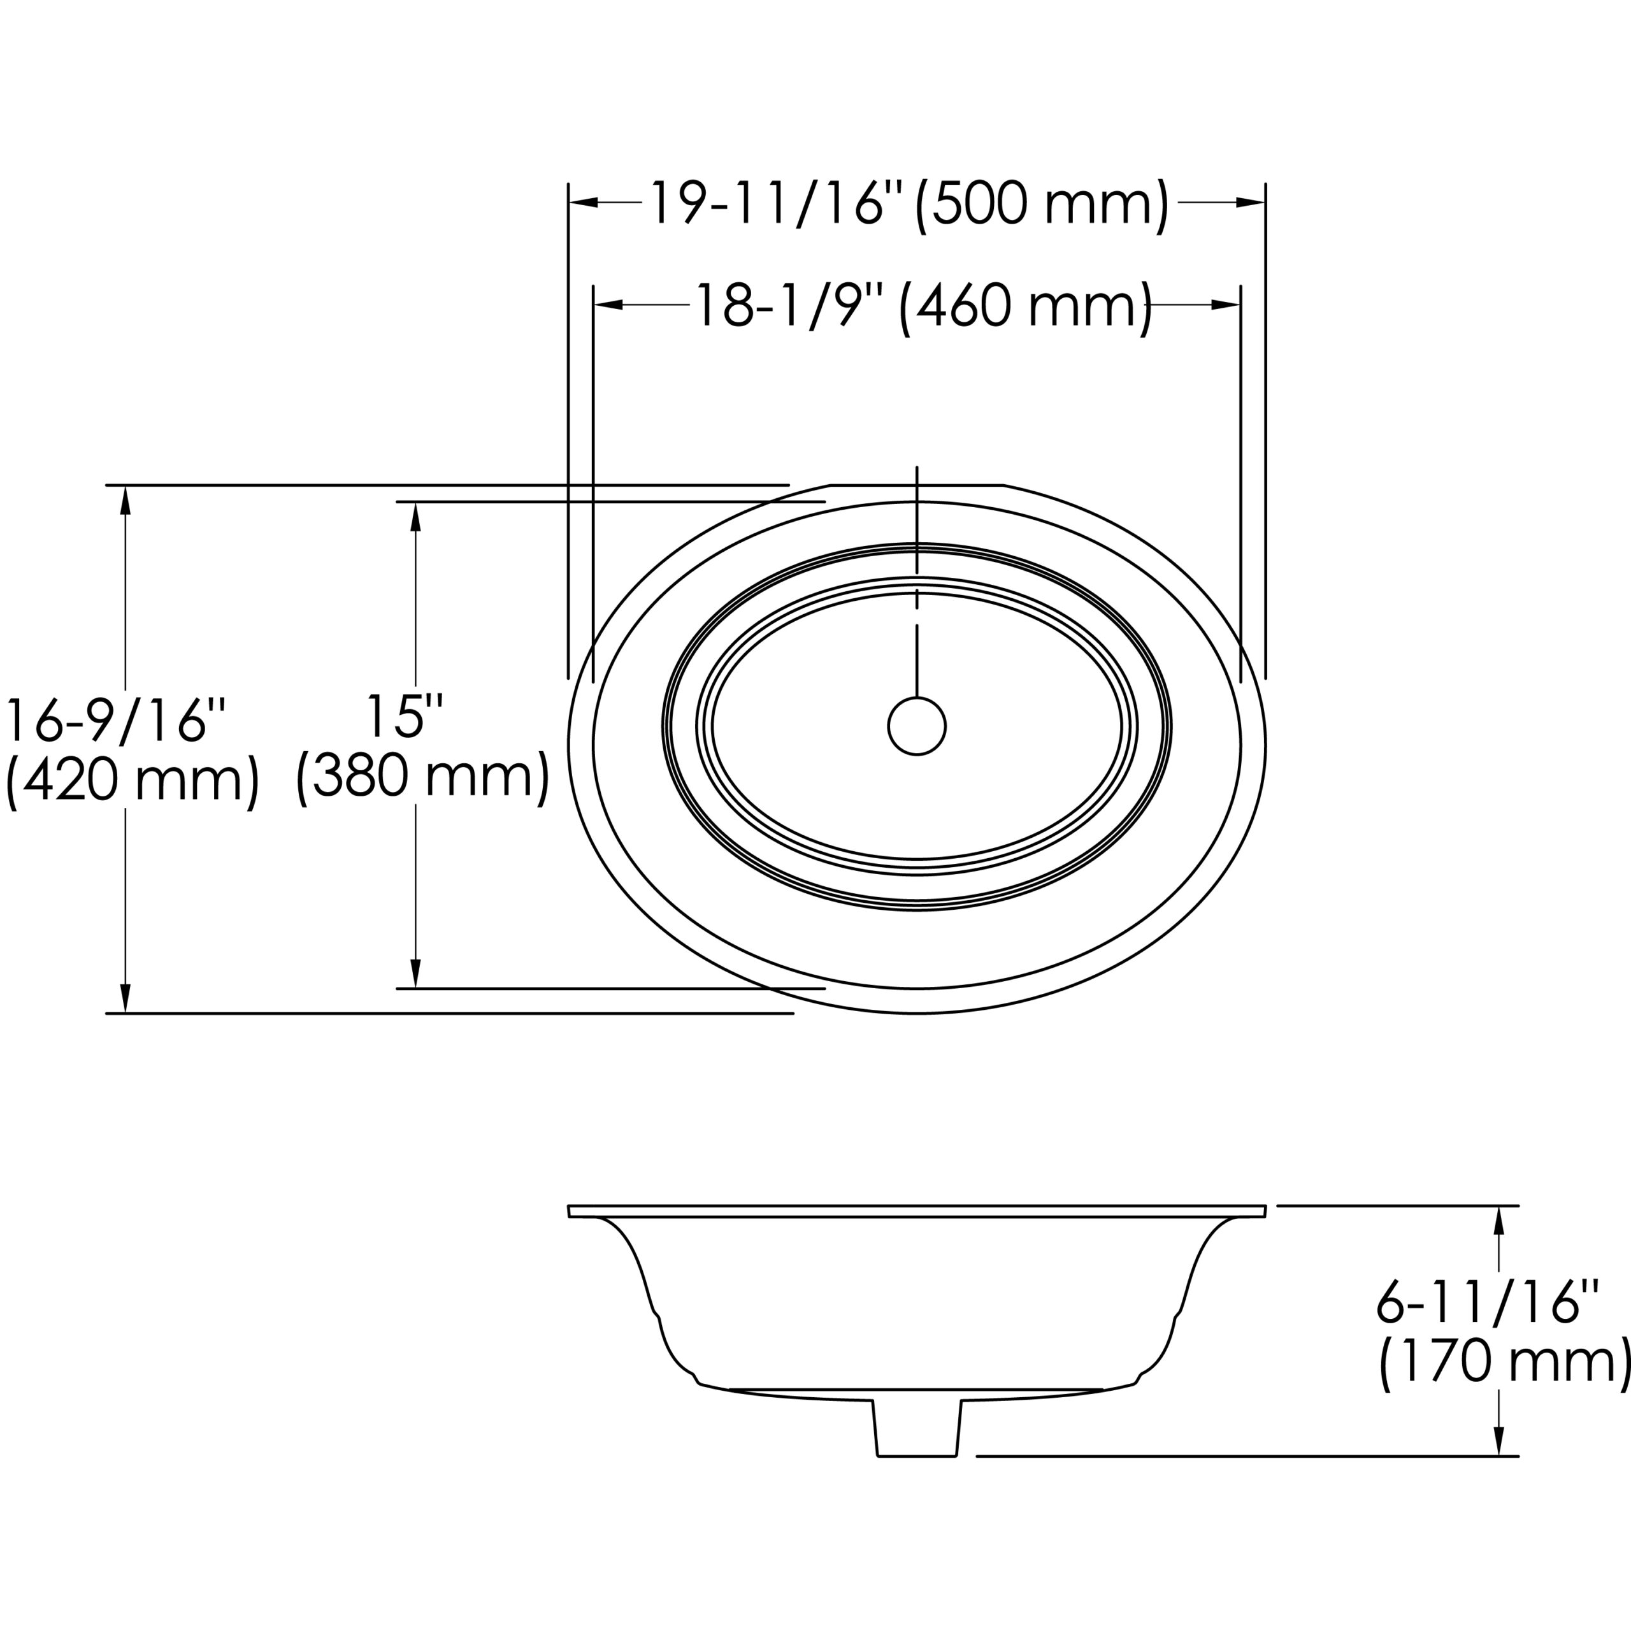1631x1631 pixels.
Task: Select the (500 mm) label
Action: point(1042,203)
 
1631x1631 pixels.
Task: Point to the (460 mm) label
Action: point(1026,306)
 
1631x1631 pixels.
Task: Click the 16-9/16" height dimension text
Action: point(116,722)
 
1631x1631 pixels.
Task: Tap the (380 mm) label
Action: point(422,775)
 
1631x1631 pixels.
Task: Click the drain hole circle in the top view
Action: point(917,726)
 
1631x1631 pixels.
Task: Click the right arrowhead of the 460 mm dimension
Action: point(1225,305)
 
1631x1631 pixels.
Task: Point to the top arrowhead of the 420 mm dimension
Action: point(126,499)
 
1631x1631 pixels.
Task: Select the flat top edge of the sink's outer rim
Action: point(917,485)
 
